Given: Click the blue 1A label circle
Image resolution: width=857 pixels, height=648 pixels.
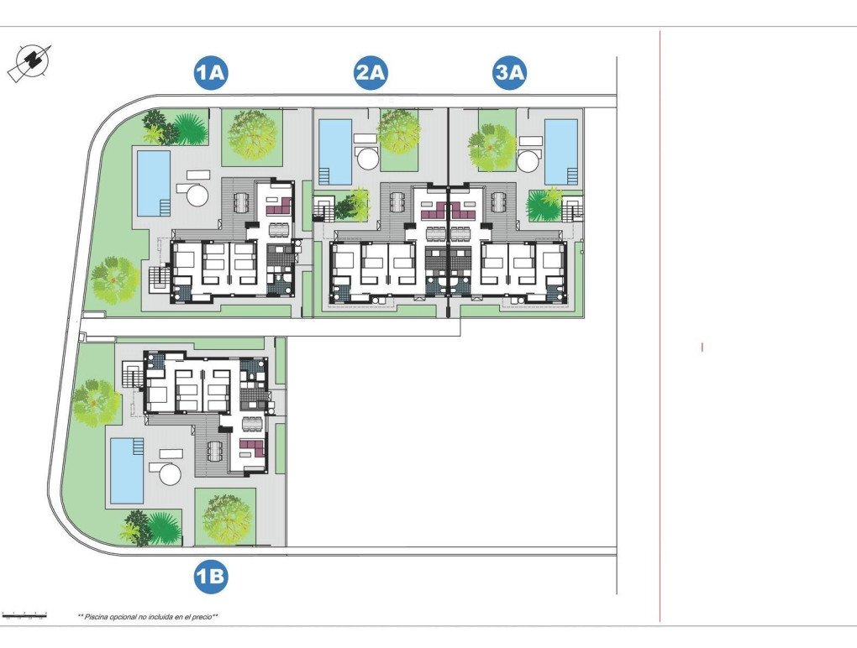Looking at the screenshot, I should point(210,74).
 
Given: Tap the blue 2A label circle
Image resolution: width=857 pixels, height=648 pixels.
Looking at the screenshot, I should point(370,74).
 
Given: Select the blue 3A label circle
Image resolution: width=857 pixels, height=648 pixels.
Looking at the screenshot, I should point(509,74).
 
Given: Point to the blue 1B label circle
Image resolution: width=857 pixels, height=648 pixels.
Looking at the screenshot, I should point(210,576).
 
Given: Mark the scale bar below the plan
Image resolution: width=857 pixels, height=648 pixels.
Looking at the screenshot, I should point(24,616).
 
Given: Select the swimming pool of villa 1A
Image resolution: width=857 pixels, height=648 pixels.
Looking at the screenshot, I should point(153,182).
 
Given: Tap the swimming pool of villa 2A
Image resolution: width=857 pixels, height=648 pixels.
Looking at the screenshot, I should point(335,151).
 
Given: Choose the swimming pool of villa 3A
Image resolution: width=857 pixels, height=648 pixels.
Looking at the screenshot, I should point(560,151).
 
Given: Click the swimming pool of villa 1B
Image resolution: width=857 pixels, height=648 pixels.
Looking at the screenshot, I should point(127,468).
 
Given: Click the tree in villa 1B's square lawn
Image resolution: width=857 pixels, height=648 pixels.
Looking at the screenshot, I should point(225,517).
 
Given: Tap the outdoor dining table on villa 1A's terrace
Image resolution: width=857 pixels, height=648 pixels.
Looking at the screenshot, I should point(241,202).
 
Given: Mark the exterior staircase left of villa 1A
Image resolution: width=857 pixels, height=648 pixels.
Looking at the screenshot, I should point(157,278).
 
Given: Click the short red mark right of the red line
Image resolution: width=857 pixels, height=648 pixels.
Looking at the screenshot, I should point(702,347).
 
